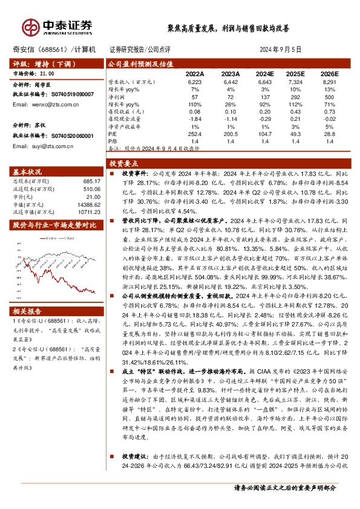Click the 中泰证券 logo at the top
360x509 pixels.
point(57,26)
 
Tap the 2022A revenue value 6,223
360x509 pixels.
point(194,80)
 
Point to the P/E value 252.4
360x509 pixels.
point(194,133)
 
